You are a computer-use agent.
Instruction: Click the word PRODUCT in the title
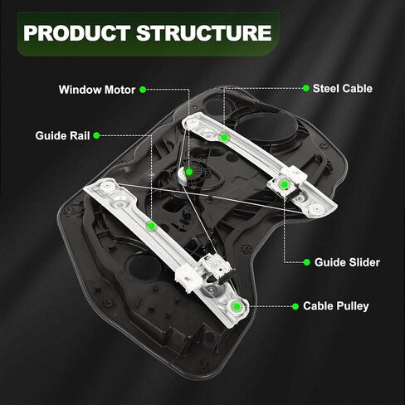click(x=77, y=33)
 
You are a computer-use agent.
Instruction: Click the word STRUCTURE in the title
click(x=204, y=33)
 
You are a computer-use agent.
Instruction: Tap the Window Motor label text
click(x=97, y=90)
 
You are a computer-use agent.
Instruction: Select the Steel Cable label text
click(x=343, y=89)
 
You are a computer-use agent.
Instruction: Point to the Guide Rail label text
click(x=62, y=135)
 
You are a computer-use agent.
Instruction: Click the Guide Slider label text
click(x=347, y=262)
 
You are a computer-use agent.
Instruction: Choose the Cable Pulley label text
click(x=336, y=306)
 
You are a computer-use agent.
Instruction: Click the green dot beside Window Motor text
click(x=143, y=90)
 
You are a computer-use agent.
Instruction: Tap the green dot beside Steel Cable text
click(x=305, y=88)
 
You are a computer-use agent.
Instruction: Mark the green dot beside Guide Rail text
click(x=96, y=135)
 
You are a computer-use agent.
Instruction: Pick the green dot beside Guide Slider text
click(x=306, y=262)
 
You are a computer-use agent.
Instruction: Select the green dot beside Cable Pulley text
click(x=295, y=306)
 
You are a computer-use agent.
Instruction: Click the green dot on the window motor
click(x=189, y=172)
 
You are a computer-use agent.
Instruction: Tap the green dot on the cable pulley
click(x=237, y=306)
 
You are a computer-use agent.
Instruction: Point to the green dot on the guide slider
click(x=284, y=184)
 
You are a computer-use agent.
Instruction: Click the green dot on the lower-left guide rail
click(x=151, y=227)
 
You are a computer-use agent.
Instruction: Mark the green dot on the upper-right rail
click(x=224, y=137)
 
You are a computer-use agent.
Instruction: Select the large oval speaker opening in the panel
click(x=268, y=128)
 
